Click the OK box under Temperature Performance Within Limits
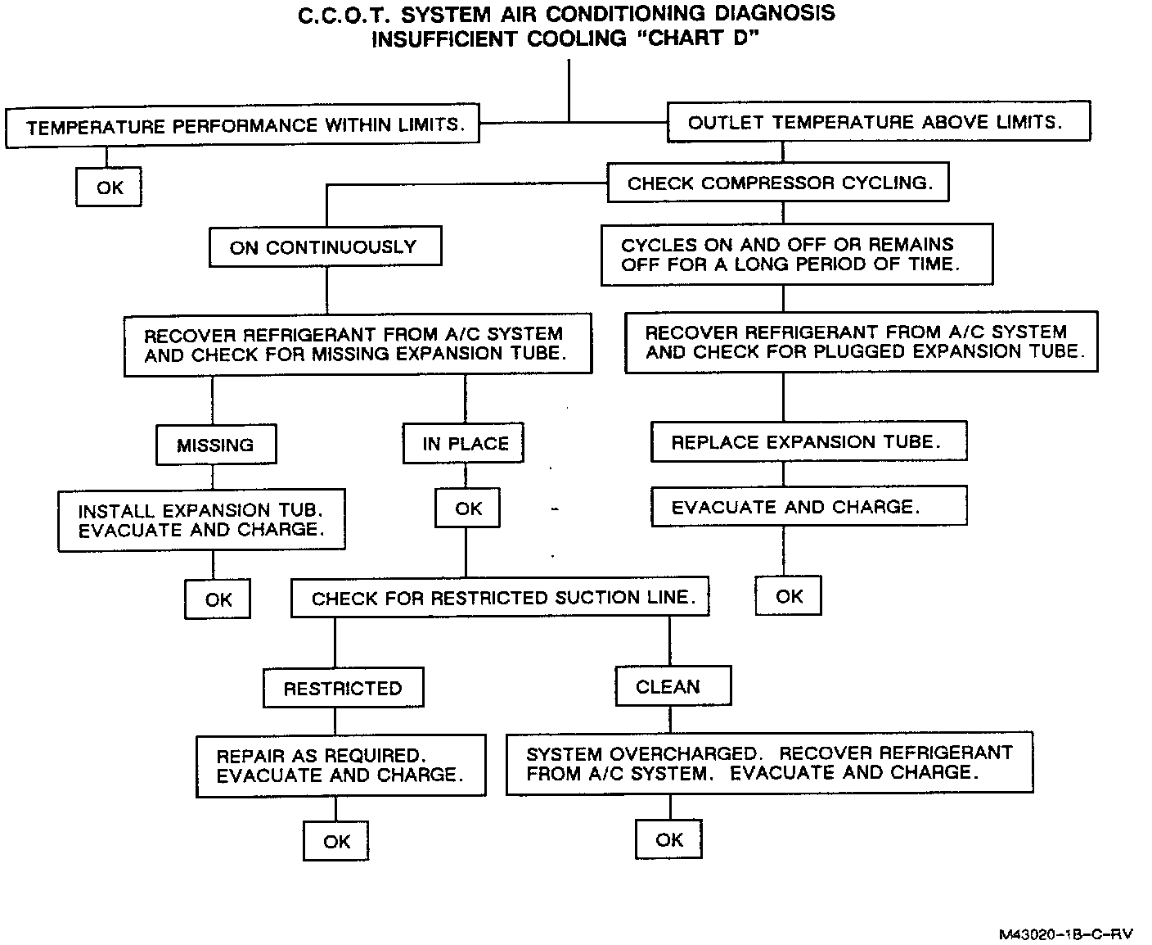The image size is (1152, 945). pyautogui.click(x=109, y=188)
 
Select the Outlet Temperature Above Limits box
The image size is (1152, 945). pyautogui.click(x=879, y=122)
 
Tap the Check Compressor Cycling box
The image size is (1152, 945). pyautogui.click(x=778, y=183)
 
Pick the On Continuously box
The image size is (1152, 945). pyautogui.click(x=325, y=246)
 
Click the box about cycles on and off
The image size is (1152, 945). pyautogui.click(x=796, y=255)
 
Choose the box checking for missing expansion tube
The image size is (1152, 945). pyautogui.click(x=358, y=344)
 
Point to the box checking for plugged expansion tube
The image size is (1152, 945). pyautogui.click(x=862, y=342)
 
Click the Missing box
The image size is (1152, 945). pyautogui.click(x=216, y=445)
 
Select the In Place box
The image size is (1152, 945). pyautogui.click(x=464, y=443)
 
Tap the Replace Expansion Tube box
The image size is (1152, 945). pyautogui.click(x=808, y=441)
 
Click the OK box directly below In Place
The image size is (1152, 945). pyautogui.click(x=467, y=509)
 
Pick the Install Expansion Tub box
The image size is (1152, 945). pyautogui.click(x=201, y=520)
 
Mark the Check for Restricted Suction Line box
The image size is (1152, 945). pyautogui.click(x=500, y=598)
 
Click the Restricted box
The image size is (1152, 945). pyautogui.click(x=343, y=688)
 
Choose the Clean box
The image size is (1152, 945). pyautogui.click(x=672, y=686)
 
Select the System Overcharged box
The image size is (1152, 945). pyautogui.click(x=769, y=763)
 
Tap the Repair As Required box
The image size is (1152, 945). pyautogui.click(x=340, y=765)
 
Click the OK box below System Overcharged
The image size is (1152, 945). pyautogui.click(x=669, y=839)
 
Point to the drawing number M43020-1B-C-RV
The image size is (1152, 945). pyautogui.click(x=1064, y=934)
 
